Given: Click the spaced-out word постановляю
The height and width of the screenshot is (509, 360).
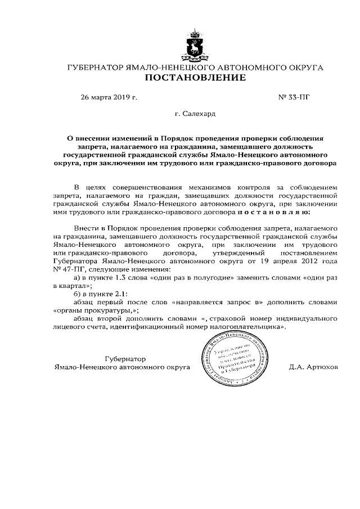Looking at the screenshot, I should [287, 213].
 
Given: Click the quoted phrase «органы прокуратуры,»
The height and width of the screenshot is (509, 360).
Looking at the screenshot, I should [95, 310].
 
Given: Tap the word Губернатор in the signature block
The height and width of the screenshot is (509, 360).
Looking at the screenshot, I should [125, 359].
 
